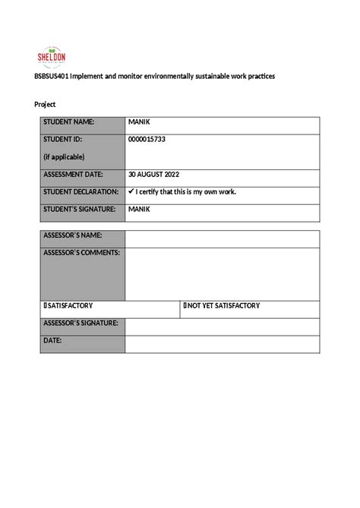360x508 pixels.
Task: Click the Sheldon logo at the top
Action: click(x=52, y=56)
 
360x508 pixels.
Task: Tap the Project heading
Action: click(x=45, y=104)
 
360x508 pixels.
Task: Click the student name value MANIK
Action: click(x=140, y=122)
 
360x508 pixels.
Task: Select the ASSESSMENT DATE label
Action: click(x=78, y=174)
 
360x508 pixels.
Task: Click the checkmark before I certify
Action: click(x=131, y=191)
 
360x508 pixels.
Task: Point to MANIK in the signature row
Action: click(x=140, y=209)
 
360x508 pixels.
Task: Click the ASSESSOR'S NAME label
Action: click(x=73, y=235)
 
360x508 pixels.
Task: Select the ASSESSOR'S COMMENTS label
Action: click(x=81, y=252)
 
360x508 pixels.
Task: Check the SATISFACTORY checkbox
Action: click(x=46, y=306)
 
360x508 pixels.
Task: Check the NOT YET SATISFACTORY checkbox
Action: click(x=185, y=306)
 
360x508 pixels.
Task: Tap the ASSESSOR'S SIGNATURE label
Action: click(x=81, y=323)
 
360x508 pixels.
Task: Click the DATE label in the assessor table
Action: click(x=52, y=341)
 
